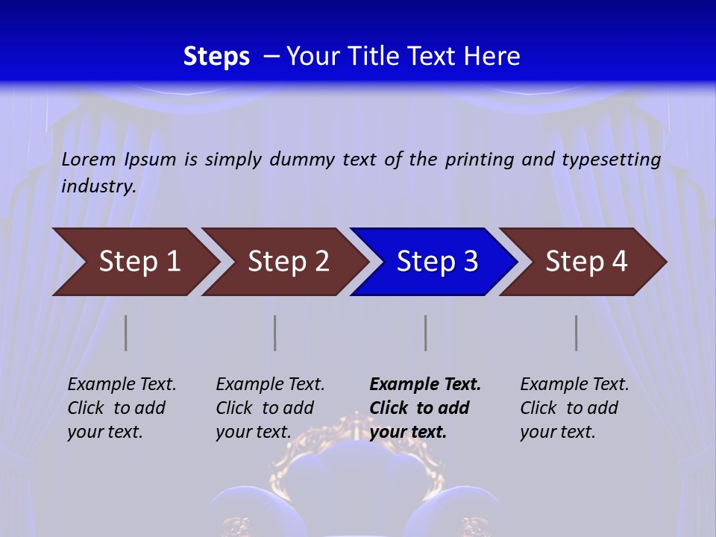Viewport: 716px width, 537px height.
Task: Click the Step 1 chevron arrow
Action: [x=138, y=262]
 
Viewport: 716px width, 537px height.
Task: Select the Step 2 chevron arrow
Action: [x=287, y=262]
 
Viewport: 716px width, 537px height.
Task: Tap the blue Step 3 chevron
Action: [x=436, y=262]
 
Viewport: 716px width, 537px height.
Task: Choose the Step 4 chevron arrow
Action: [x=585, y=262]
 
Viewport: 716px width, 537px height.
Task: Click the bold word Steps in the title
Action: [x=216, y=56]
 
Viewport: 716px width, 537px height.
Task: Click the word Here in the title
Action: [x=491, y=56]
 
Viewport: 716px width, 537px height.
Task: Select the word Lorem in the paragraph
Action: [x=89, y=159]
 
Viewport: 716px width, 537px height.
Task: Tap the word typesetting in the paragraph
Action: [x=611, y=160]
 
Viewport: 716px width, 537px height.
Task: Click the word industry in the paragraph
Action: [x=98, y=186]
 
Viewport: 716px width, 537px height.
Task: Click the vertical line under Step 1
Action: [x=126, y=333]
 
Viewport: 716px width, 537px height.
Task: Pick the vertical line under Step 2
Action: [x=275, y=333]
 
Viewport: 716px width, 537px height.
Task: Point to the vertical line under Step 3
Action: [x=426, y=333]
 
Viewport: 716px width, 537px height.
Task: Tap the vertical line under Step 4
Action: [x=577, y=333]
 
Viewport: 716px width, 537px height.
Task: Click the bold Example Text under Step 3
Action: [x=425, y=385]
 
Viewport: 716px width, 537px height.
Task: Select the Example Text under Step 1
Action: [x=122, y=385]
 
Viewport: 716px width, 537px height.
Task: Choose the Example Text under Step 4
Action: [x=574, y=385]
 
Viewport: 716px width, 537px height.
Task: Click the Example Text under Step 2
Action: [x=270, y=385]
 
